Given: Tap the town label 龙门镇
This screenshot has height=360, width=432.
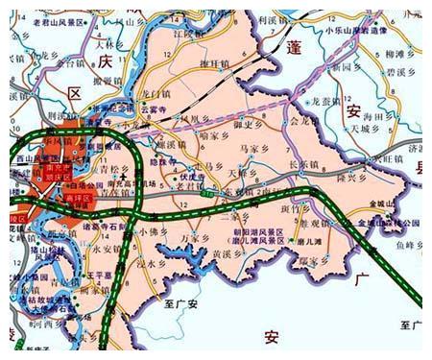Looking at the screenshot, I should click(156, 93).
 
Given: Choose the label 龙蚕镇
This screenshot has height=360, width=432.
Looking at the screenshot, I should click(327, 100).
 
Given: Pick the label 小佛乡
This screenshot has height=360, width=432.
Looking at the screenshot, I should click(154, 232).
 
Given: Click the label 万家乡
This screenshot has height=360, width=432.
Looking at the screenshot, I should click(195, 235).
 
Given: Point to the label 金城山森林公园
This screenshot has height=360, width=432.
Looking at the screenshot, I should click(389, 221).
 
